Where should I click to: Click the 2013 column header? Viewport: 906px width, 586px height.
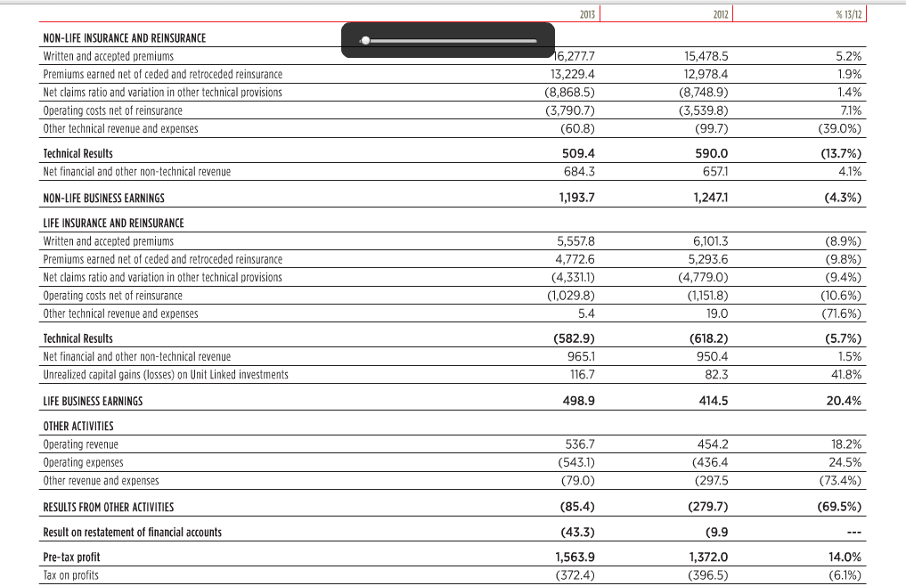586,13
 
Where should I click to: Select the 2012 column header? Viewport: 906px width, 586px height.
721,13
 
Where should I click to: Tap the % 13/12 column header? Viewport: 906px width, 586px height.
849,13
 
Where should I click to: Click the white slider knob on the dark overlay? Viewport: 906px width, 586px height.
365,40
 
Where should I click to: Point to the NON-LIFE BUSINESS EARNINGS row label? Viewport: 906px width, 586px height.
103,198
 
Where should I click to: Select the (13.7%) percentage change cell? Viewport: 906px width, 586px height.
841,153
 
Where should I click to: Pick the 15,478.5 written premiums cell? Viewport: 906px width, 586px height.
706,55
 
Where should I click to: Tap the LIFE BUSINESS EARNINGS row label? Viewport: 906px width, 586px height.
93,401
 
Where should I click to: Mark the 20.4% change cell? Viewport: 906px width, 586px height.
844,401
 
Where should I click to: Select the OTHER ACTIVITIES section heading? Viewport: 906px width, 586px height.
78,427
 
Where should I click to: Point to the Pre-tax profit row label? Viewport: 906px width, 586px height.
71,558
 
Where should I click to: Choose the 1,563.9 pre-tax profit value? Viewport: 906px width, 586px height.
575,558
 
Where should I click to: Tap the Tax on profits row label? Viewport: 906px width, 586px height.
70,575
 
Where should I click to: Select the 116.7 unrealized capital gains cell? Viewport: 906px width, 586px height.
581,375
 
